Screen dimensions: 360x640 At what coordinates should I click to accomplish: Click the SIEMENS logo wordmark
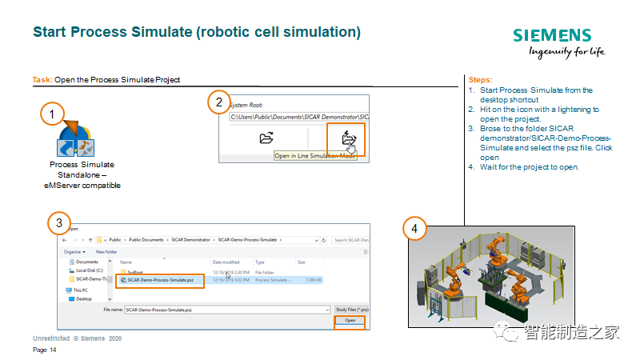click(x=552, y=35)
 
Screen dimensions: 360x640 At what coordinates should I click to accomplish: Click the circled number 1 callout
click(x=52, y=114)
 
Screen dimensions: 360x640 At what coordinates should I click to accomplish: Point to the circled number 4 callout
click(x=414, y=228)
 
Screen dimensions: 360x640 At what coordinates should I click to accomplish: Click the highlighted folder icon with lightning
click(x=348, y=138)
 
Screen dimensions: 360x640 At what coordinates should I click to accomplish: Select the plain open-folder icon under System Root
click(x=267, y=138)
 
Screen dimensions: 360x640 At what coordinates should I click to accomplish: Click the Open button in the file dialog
click(x=350, y=320)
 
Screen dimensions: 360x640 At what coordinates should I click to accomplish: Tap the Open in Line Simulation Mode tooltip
click(x=314, y=156)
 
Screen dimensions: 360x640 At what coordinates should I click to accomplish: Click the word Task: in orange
click(x=42, y=80)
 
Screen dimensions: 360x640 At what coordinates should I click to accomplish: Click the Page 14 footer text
click(x=45, y=350)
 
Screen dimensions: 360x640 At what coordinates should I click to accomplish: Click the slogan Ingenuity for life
click(x=567, y=53)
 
